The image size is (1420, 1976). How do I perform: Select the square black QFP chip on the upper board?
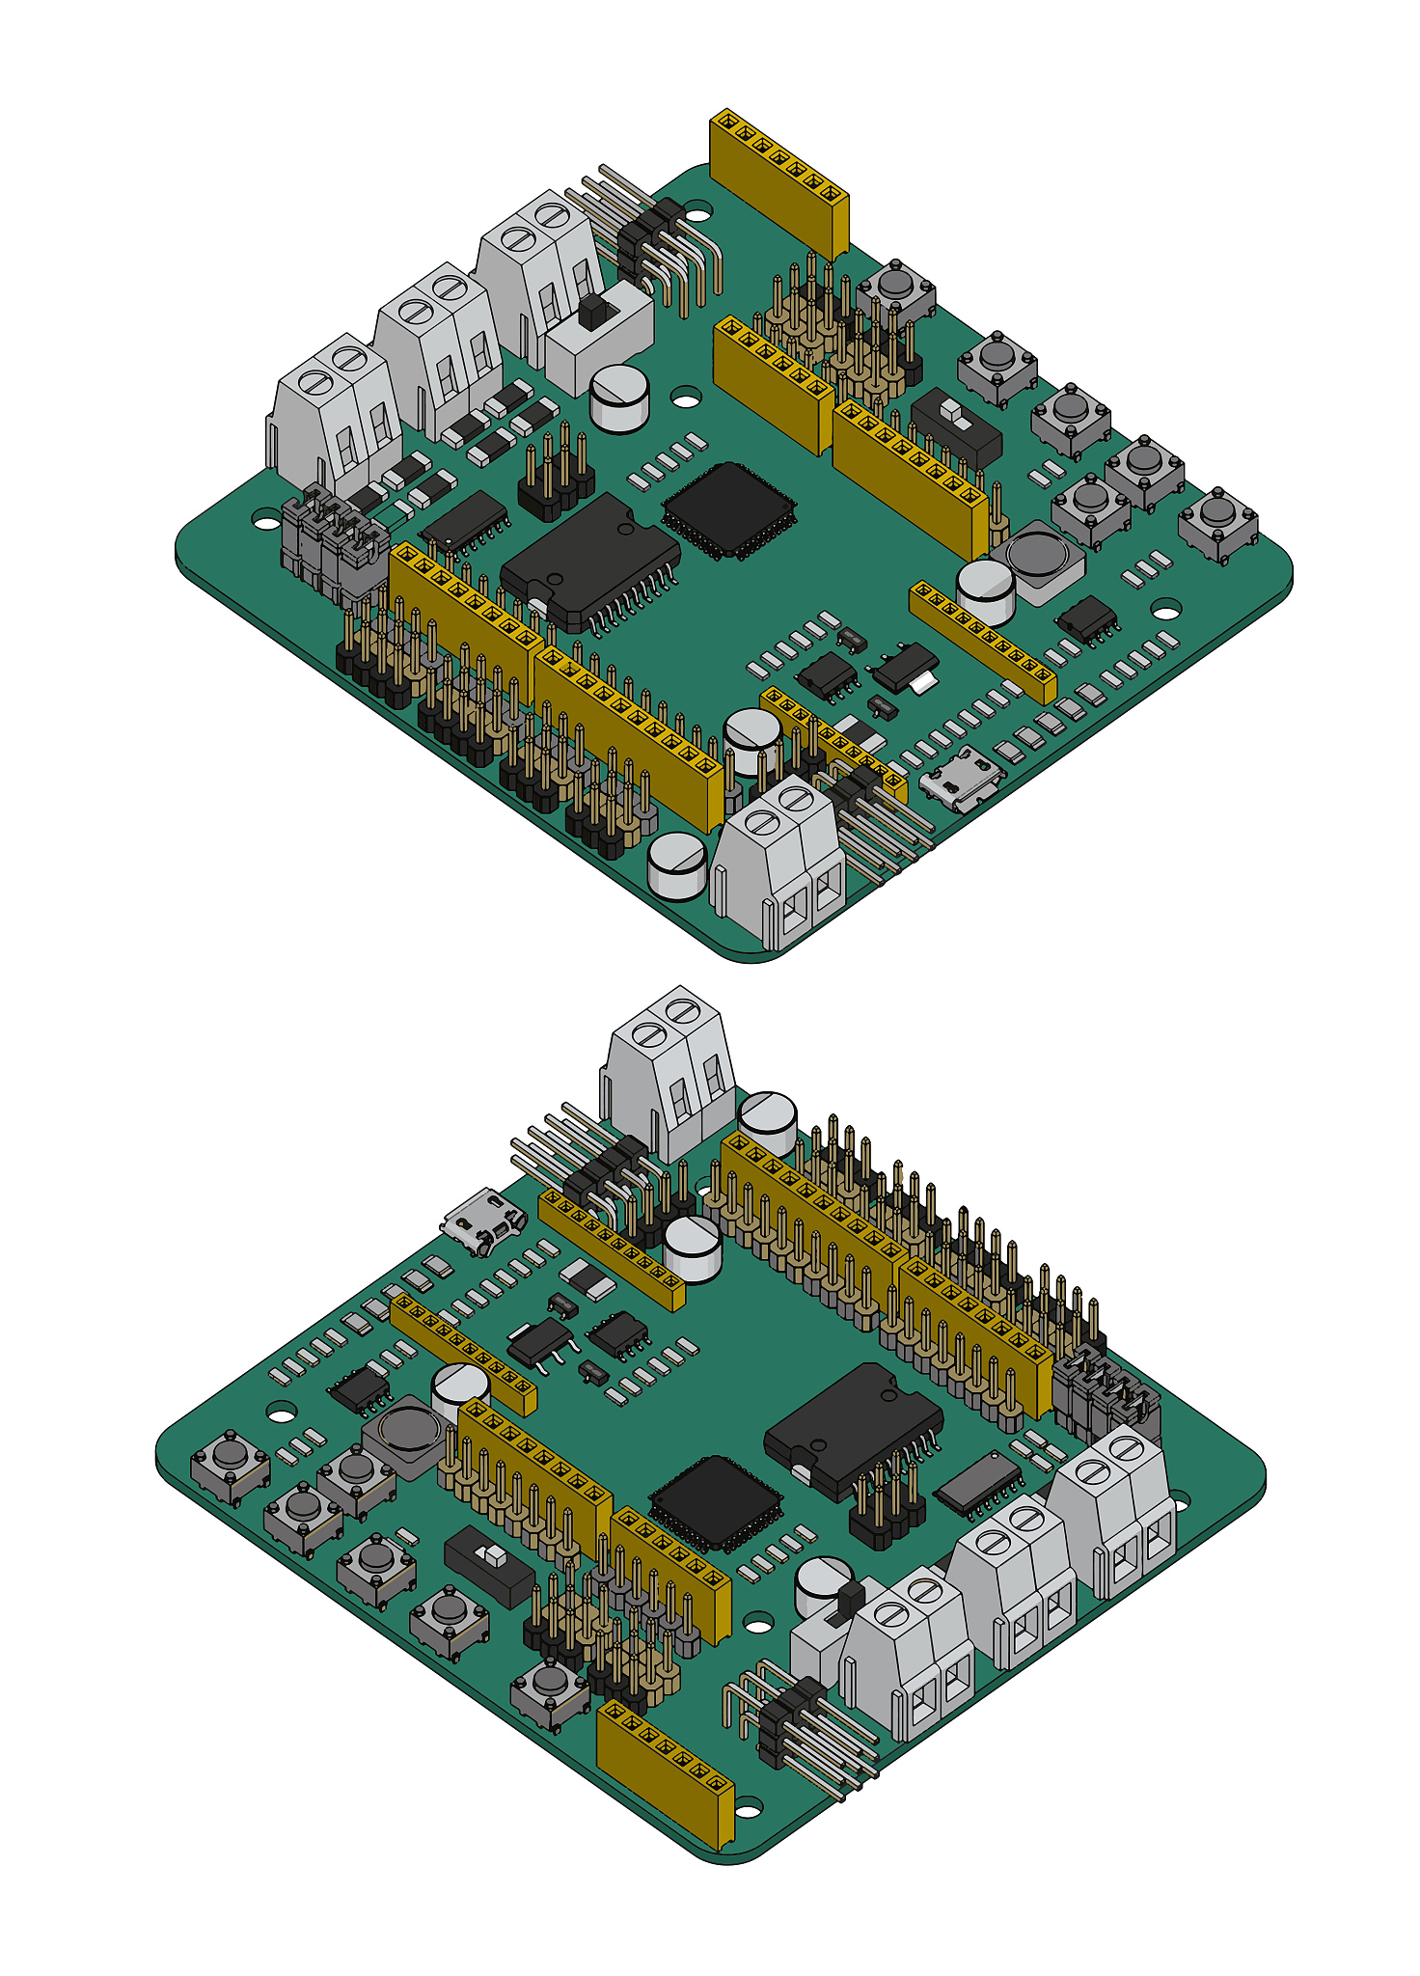tap(729, 509)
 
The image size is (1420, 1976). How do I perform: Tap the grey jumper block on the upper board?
tap(334, 546)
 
